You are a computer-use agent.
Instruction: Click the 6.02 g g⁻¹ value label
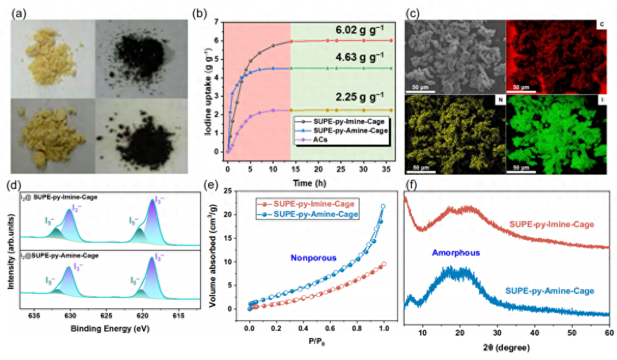(359, 30)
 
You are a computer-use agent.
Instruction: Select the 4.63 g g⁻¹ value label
(359, 58)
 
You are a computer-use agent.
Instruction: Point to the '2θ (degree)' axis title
(506, 346)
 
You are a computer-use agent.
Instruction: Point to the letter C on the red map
(602, 24)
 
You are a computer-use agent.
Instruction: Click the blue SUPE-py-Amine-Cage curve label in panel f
(549, 291)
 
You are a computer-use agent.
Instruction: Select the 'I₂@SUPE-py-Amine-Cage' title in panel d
(59, 255)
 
